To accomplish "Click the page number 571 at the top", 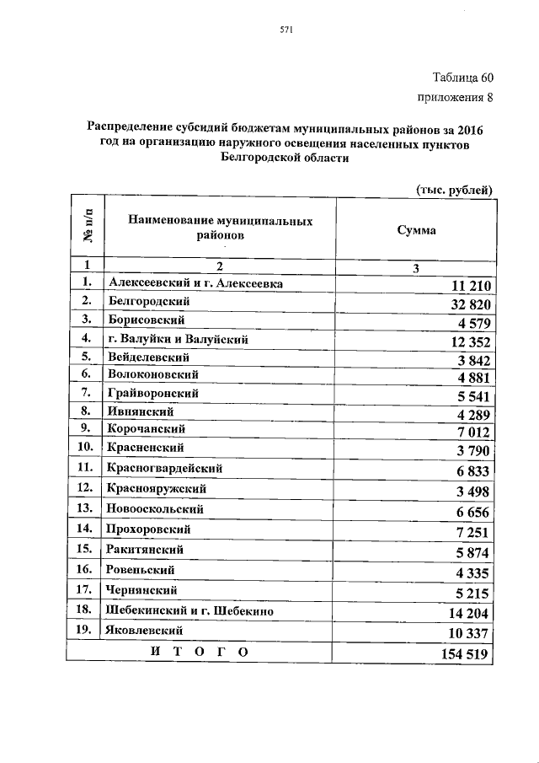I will tap(285, 32).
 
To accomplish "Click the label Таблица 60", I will tap(463, 78).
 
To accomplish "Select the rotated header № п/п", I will tap(86, 228).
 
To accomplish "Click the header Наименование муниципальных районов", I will tap(221, 228).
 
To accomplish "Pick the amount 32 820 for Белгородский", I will tap(462, 305).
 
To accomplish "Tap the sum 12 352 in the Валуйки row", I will tap(462, 342).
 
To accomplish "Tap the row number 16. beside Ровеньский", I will tap(84, 570).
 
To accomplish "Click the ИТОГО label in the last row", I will tap(199, 652).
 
